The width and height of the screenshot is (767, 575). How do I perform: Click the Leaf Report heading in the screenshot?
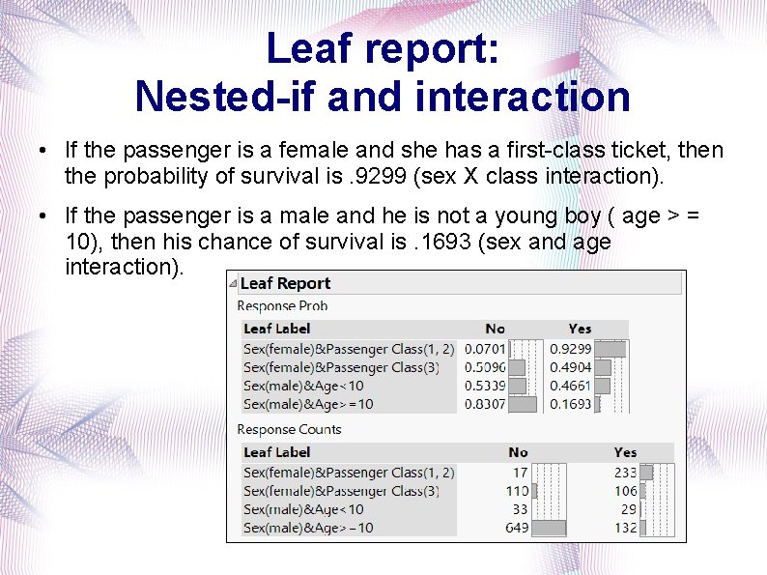point(285,283)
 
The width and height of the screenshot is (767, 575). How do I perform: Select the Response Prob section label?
point(282,305)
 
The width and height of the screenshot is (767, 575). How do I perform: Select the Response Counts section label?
point(289,429)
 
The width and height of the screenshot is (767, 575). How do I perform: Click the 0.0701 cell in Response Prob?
point(485,349)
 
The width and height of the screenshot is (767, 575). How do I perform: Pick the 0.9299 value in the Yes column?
point(570,349)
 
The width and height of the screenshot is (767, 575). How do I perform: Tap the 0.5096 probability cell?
point(485,367)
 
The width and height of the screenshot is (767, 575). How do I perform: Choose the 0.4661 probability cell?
point(570,386)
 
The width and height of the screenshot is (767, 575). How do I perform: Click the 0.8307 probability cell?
point(485,404)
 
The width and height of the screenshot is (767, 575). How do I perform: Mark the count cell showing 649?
point(516,528)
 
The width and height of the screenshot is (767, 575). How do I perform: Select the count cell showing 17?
point(520,473)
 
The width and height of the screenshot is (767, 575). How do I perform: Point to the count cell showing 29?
point(628,509)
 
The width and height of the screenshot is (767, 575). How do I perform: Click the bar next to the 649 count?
point(549,528)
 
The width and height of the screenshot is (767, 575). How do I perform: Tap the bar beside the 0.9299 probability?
point(611,349)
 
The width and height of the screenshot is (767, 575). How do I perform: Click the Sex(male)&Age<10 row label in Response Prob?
point(303,386)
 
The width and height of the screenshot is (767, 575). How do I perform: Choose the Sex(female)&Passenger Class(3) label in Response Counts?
point(341,491)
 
